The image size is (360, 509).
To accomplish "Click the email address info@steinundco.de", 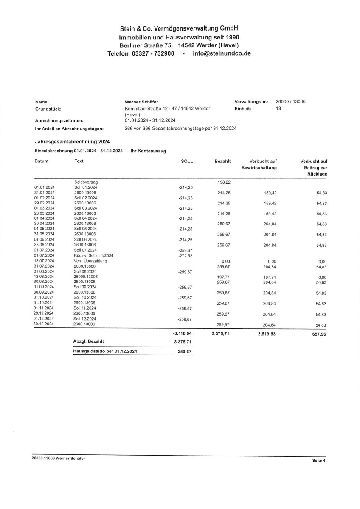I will (x=222, y=53).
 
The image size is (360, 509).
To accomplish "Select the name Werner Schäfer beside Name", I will (x=141, y=102).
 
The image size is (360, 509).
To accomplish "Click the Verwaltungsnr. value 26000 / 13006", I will (x=291, y=102).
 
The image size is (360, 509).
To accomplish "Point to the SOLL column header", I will (x=187, y=161).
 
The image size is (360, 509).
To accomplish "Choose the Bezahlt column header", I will (x=222, y=161).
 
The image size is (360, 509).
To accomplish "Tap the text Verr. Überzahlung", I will (x=90, y=261).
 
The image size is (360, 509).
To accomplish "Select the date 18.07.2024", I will (x=44, y=261).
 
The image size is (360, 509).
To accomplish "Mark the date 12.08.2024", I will (x=44, y=277).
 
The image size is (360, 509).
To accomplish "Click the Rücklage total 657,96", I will (x=318, y=334).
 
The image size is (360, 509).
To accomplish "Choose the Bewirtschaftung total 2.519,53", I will (x=267, y=334).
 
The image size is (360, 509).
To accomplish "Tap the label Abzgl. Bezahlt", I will (x=89, y=341).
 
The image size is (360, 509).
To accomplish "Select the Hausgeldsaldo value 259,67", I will (x=185, y=352).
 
